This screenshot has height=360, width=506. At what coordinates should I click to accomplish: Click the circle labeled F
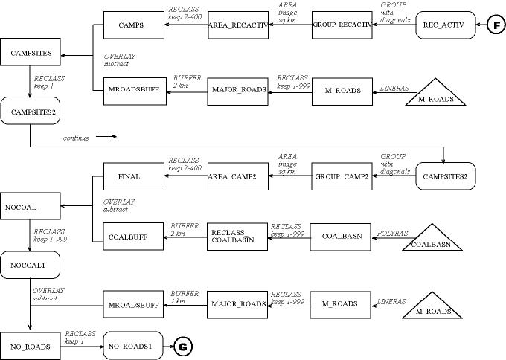[496, 25]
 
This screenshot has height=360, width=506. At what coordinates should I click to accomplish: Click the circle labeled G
[182, 346]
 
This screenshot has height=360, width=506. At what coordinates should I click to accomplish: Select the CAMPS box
[131, 25]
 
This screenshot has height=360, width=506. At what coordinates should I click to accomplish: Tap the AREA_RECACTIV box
[237, 25]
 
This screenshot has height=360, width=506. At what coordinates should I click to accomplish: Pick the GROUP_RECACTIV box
[342, 25]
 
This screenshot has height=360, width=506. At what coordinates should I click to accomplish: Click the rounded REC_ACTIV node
[443, 25]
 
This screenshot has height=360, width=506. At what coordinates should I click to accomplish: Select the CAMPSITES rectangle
[31, 54]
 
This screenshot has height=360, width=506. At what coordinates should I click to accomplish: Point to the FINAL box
[129, 176]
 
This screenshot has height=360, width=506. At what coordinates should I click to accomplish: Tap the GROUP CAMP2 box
[342, 176]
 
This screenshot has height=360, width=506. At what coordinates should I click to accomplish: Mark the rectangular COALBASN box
[342, 236]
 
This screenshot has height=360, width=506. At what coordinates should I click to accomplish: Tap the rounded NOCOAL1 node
[31, 265]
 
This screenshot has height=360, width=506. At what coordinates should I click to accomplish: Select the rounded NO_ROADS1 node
[132, 346]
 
